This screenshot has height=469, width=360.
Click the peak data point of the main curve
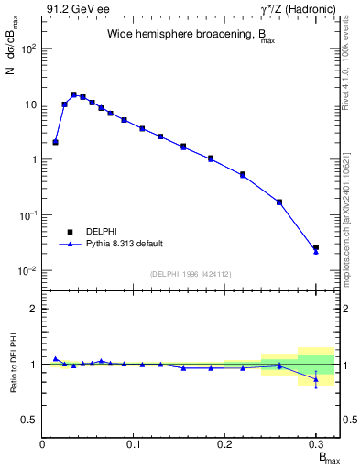[x=73, y=94]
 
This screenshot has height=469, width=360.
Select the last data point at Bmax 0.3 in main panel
[x=316, y=248]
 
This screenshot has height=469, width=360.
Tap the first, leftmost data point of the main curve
[x=55, y=142]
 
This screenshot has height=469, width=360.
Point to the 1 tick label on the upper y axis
[x=33, y=159]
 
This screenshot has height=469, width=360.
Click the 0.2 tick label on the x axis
[x=224, y=442]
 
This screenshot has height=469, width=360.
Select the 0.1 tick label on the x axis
[x=134, y=442]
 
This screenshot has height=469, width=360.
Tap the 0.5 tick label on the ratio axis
[x=29, y=420]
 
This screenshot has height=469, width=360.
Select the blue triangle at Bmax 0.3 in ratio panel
[x=316, y=379]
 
